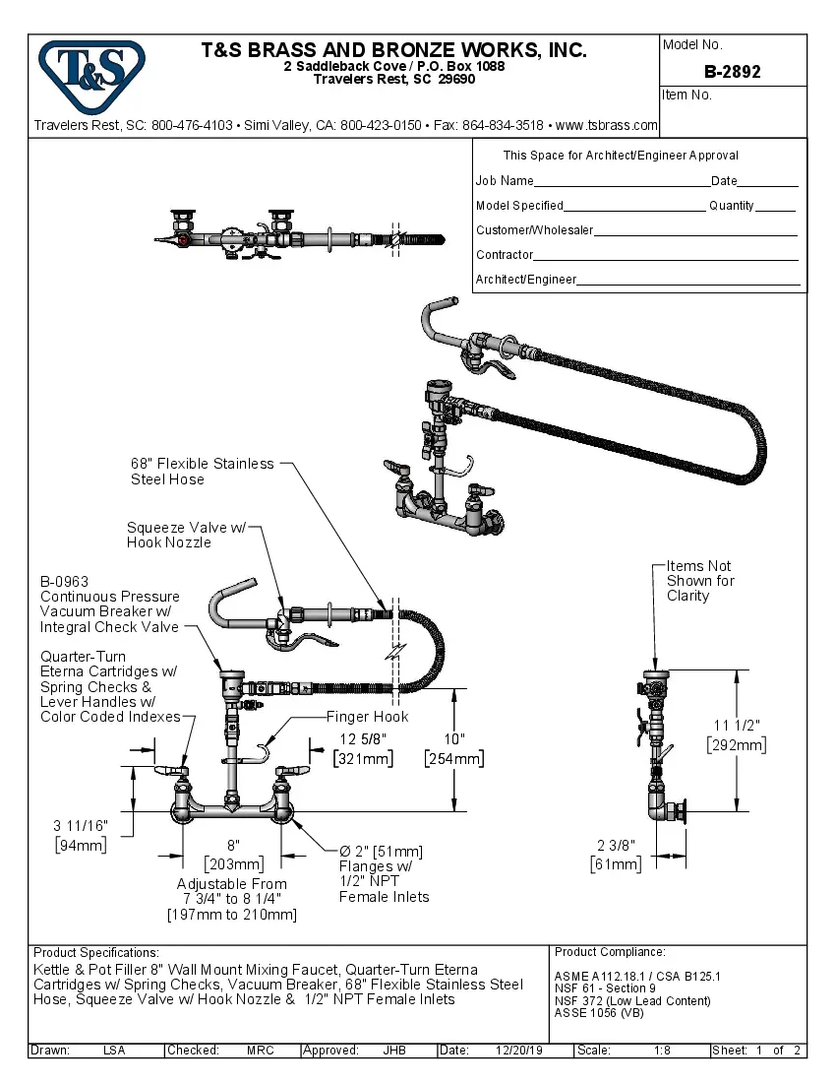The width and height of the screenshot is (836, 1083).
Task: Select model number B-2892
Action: [x=732, y=72]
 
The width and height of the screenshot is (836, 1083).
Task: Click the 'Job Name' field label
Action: [x=505, y=181]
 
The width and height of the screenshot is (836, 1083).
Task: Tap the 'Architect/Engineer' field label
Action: [x=526, y=280]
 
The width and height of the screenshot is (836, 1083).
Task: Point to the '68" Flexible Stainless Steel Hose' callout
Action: [x=202, y=472]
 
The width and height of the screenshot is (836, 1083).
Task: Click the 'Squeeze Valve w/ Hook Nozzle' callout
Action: [x=185, y=536]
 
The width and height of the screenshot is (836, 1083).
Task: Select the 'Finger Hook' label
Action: [x=368, y=717]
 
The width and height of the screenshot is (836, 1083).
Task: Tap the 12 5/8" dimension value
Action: [x=363, y=738]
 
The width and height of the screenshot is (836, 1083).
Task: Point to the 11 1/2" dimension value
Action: [x=736, y=726]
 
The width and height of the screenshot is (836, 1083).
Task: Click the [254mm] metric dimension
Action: [x=453, y=758]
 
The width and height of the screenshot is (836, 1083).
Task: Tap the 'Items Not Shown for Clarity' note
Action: [x=699, y=581]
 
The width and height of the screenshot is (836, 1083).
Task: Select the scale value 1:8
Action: [x=662, y=1051]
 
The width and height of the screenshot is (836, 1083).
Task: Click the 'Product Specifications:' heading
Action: [x=96, y=953]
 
